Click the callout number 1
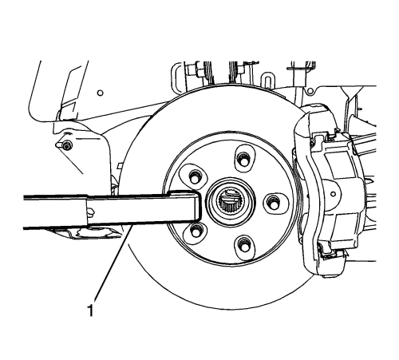(91, 311)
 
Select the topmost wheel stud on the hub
(242, 159)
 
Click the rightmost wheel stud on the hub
(273, 200)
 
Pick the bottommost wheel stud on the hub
(243, 243)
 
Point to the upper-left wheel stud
(195, 176)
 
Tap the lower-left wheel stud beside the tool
(196, 230)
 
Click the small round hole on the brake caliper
(333, 194)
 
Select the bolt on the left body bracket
(68, 146)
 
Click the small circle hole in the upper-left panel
(101, 93)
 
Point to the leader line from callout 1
(113, 263)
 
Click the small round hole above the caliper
(310, 92)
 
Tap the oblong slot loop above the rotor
(267, 80)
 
